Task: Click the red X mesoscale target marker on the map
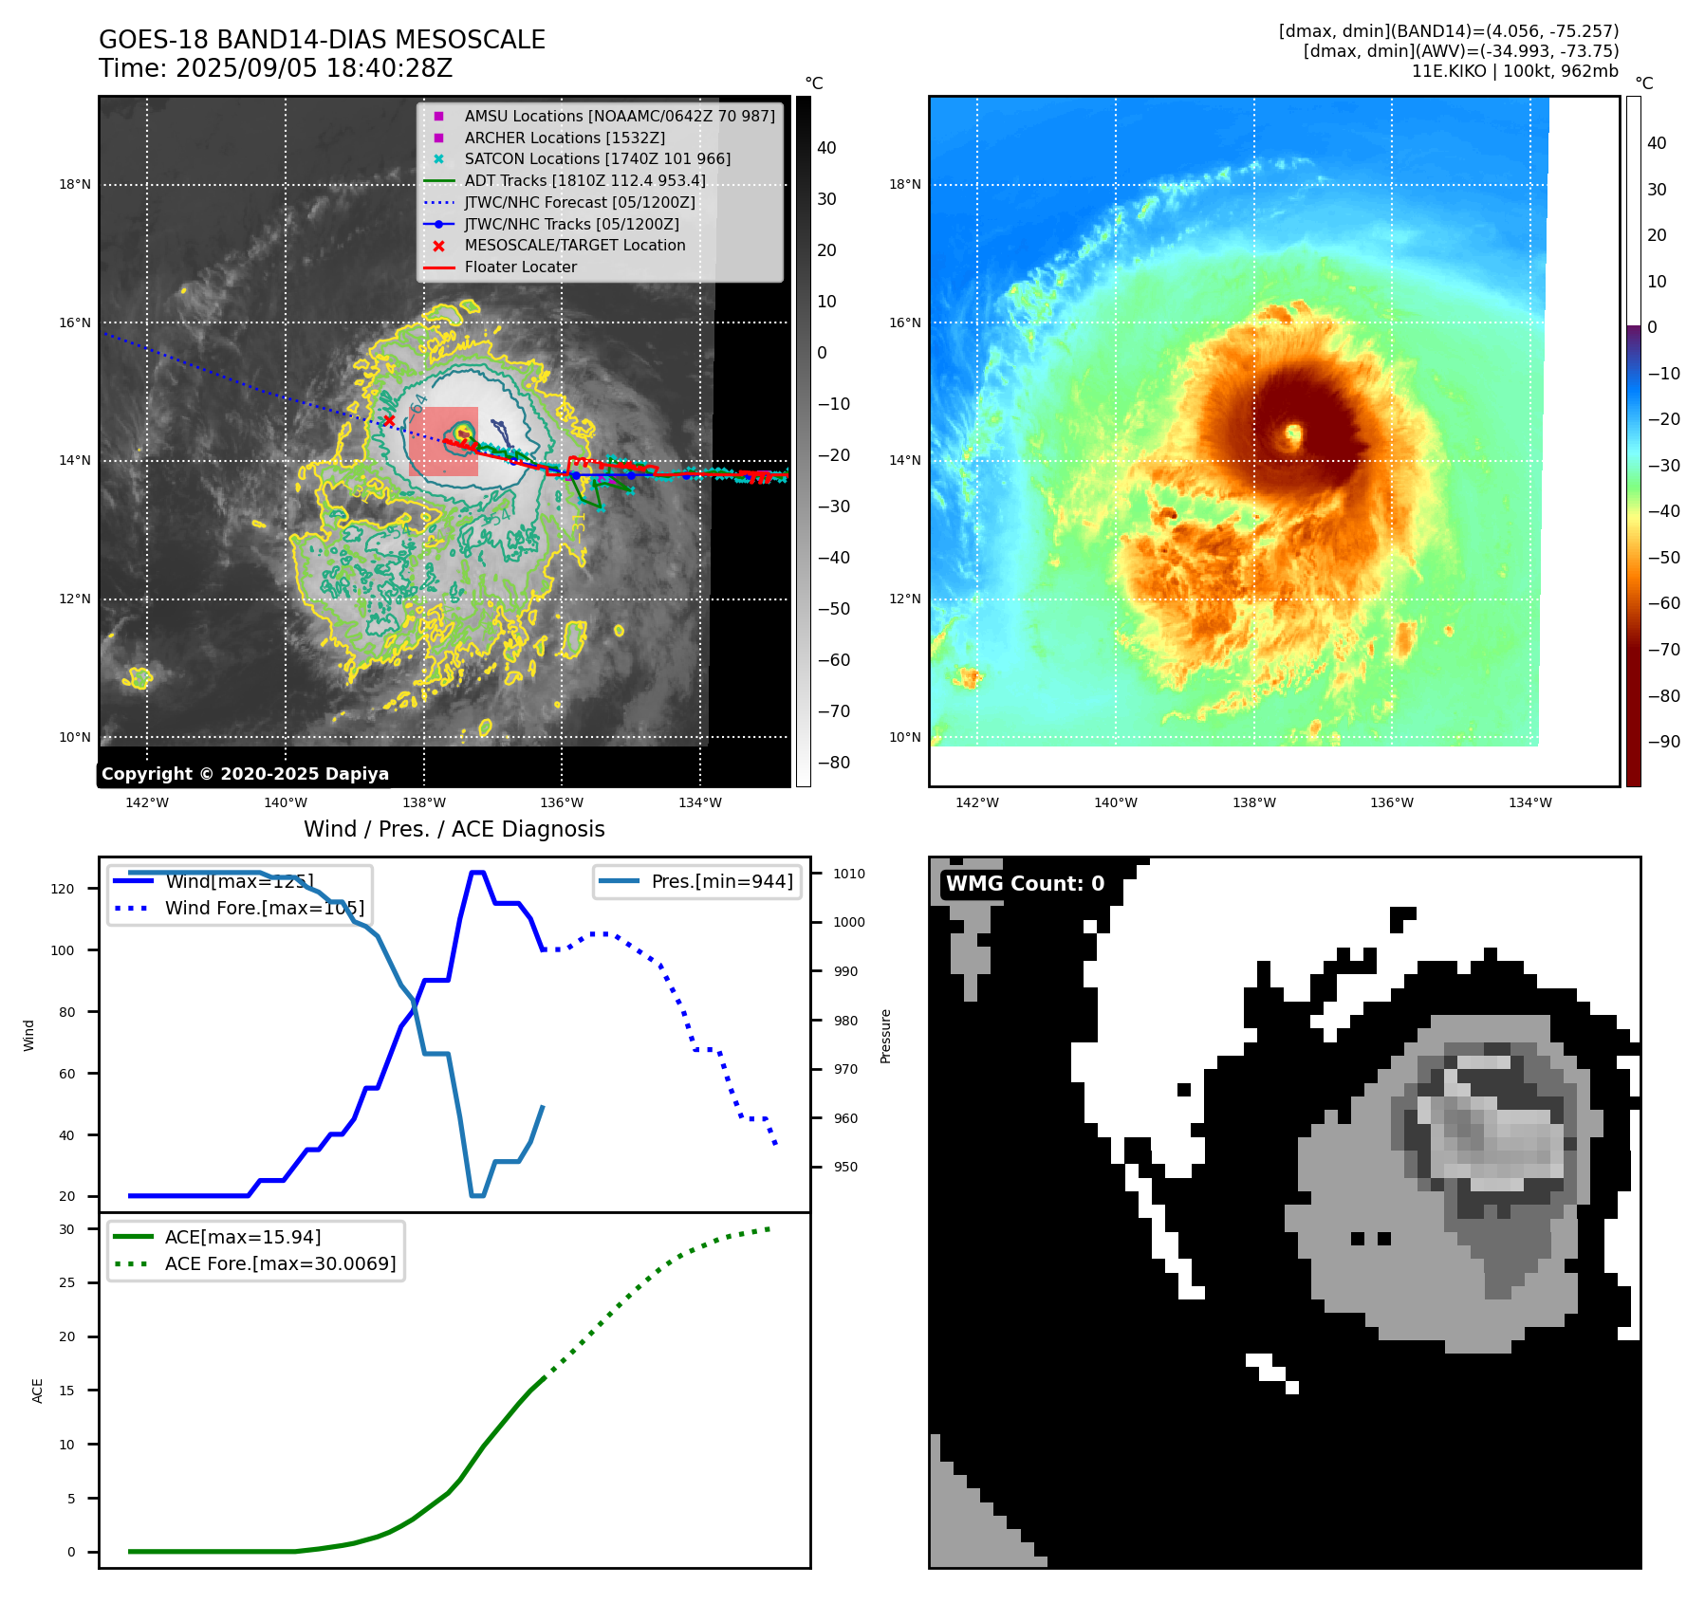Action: pos(389,420)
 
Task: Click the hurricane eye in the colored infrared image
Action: pos(1293,435)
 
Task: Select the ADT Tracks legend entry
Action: pos(584,180)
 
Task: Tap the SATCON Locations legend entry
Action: pos(597,158)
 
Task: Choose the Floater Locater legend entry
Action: pos(520,267)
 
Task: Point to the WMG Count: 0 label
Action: pos(1025,883)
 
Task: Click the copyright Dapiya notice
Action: pos(245,774)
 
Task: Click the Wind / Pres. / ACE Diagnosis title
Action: pos(454,829)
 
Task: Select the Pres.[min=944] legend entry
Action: pos(721,881)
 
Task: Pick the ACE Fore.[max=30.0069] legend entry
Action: pos(280,1263)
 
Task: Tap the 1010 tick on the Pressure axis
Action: pos(849,874)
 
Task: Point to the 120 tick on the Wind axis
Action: pos(62,889)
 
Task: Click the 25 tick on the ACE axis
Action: pos(66,1282)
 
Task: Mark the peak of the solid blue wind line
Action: pos(478,872)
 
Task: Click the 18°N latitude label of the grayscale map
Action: pos(75,184)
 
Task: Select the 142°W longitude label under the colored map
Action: pos(976,802)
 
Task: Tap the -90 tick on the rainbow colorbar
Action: pos(1663,742)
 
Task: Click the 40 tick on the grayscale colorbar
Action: pos(826,147)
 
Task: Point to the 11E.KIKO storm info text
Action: pos(1514,71)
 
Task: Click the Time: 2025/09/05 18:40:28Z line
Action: pos(276,68)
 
